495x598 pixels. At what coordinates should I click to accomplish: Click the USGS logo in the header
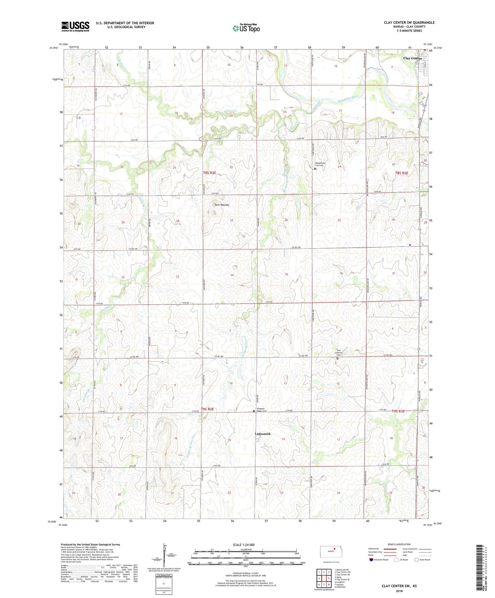(75, 26)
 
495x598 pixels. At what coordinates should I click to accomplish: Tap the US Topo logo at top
(246, 28)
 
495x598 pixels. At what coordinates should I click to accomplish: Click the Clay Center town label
(412, 58)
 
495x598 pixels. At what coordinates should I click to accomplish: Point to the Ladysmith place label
(262, 434)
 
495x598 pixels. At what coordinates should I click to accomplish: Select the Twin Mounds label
(221, 205)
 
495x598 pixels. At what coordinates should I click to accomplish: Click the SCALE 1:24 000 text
(244, 545)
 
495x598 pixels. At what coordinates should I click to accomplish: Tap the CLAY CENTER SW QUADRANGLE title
(409, 23)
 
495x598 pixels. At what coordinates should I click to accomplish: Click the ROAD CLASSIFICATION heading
(399, 544)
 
